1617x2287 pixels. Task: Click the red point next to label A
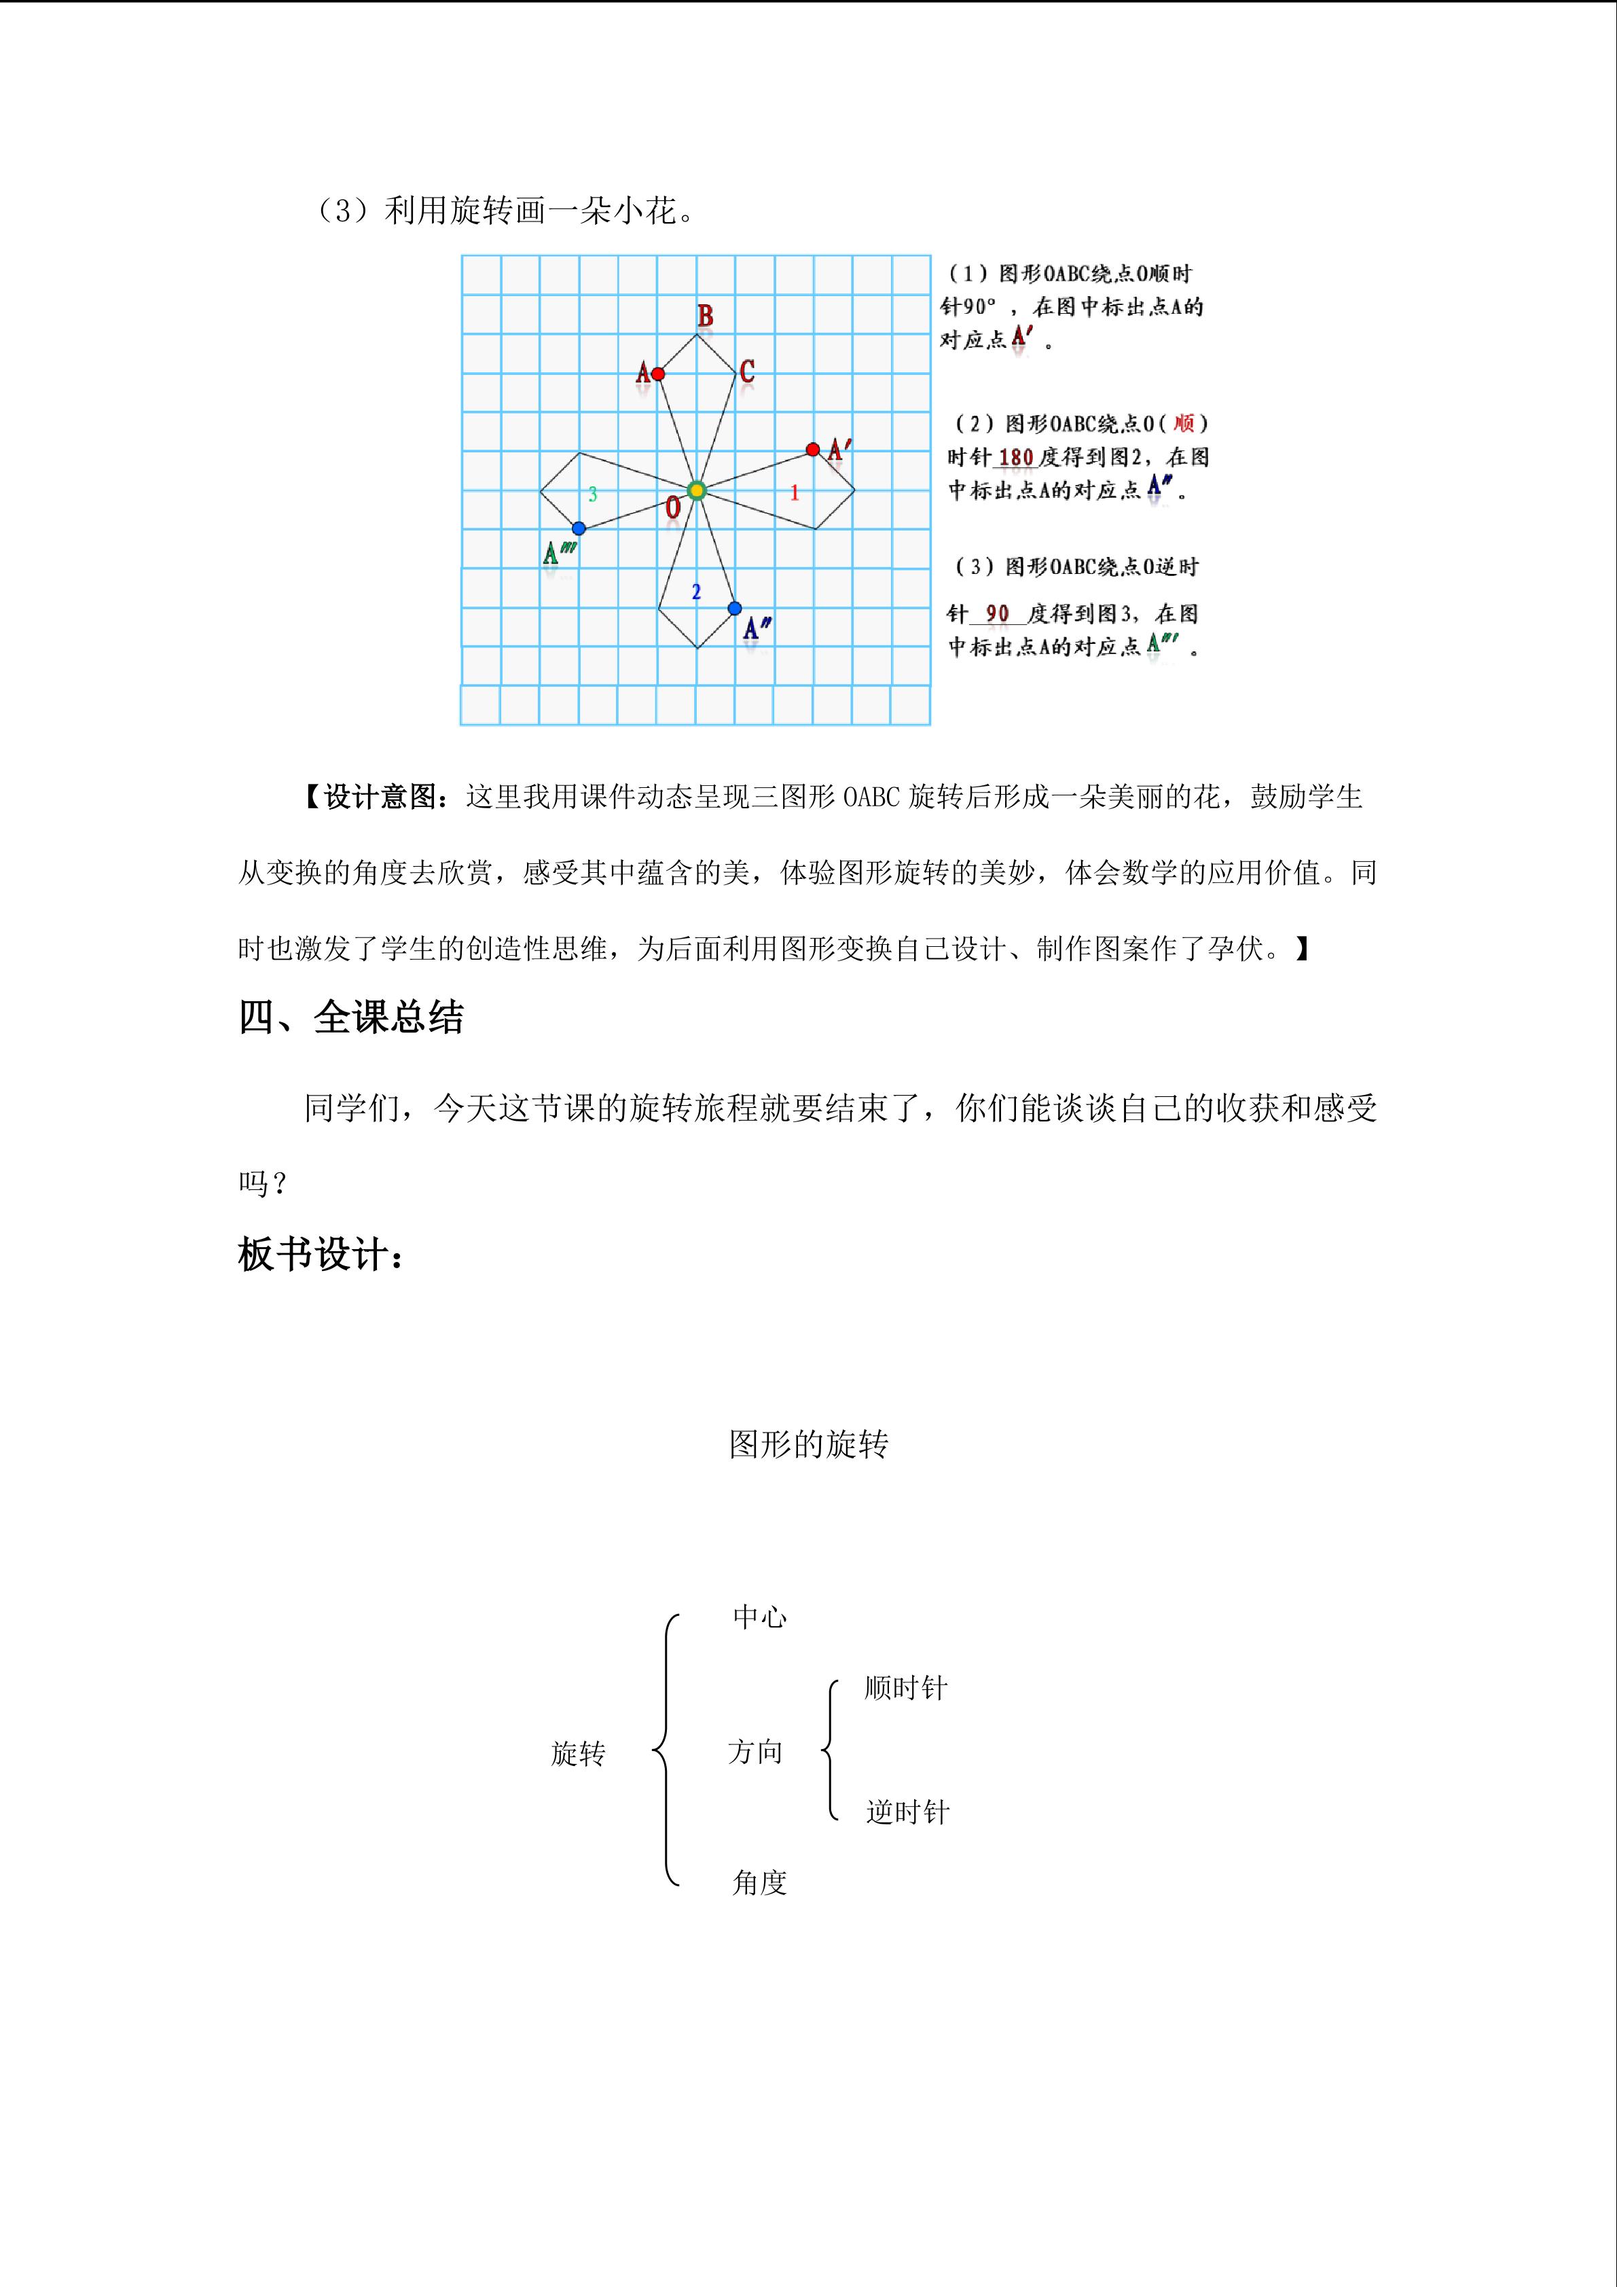pyautogui.click(x=657, y=374)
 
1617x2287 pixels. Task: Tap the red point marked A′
pyautogui.click(x=812, y=449)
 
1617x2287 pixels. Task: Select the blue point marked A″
pyautogui.click(x=734, y=608)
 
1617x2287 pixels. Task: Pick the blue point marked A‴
pyautogui.click(x=579, y=528)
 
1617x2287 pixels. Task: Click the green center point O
pyautogui.click(x=697, y=489)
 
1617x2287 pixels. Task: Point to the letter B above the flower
pyautogui.click(x=705, y=317)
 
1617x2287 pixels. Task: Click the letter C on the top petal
pyautogui.click(x=747, y=372)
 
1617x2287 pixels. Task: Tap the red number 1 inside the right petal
pyautogui.click(x=795, y=492)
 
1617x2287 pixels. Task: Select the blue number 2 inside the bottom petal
pyautogui.click(x=696, y=592)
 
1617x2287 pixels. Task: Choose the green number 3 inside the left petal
pyautogui.click(x=592, y=494)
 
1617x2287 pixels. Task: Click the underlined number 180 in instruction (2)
pyautogui.click(x=1015, y=457)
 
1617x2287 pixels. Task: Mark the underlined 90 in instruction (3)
pyautogui.click(x=997, y=613)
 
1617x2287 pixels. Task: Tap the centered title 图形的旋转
pyautogui.click(x=807, y=1444)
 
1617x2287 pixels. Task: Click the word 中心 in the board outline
pyautogui.click(x=760, y=1617)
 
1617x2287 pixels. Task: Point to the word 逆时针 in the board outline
pyautogui.click(x=907, y=1812)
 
